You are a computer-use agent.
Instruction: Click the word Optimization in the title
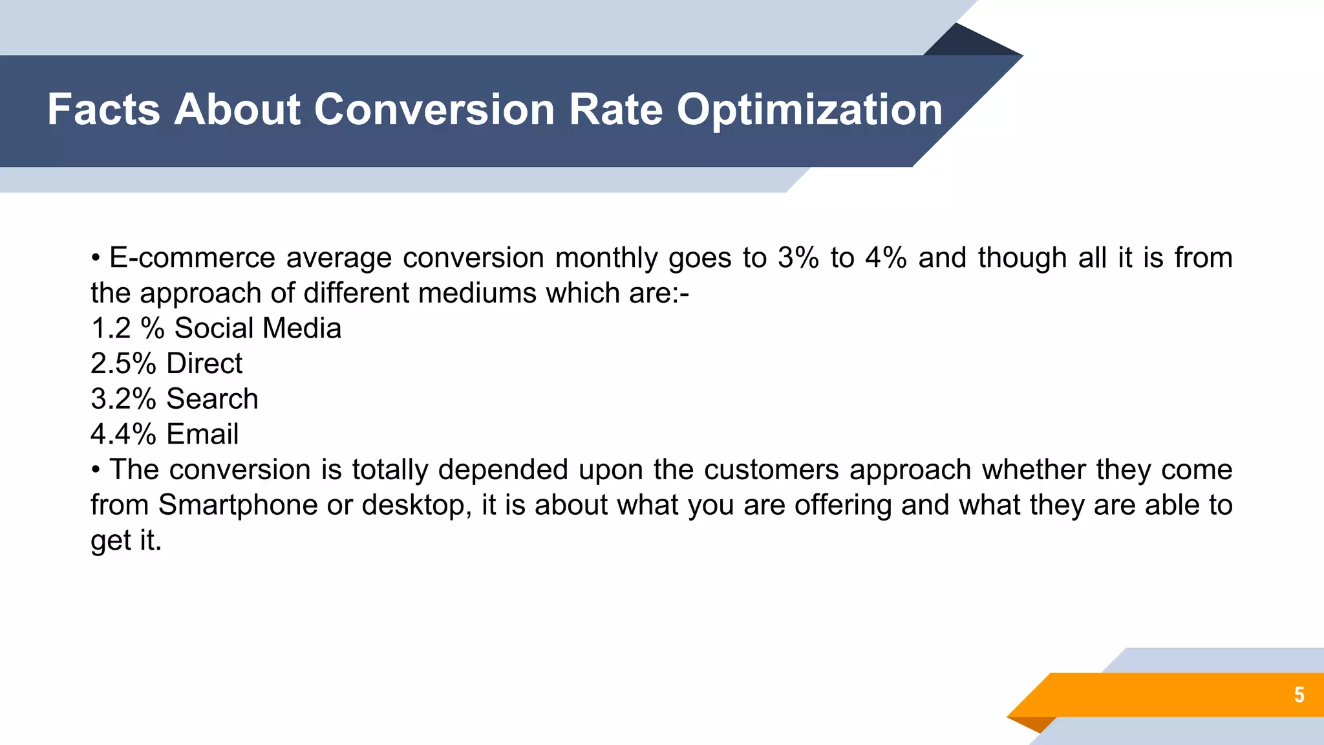point(809,109)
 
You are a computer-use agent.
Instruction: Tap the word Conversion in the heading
point(434,109)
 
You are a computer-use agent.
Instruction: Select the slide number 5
point(1299,695)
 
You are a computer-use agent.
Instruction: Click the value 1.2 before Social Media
point(111,329)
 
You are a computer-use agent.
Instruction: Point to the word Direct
point(204,363)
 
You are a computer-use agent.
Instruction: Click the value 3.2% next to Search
point(123,399)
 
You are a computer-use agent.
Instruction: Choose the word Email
point(202,434)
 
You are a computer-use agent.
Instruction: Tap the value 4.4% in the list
point(123,434)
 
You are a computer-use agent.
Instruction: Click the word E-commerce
point(192,258)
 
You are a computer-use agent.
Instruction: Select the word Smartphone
point(237,505)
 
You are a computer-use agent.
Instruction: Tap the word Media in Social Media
point(301,329)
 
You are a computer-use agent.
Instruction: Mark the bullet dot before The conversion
point(96,470)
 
